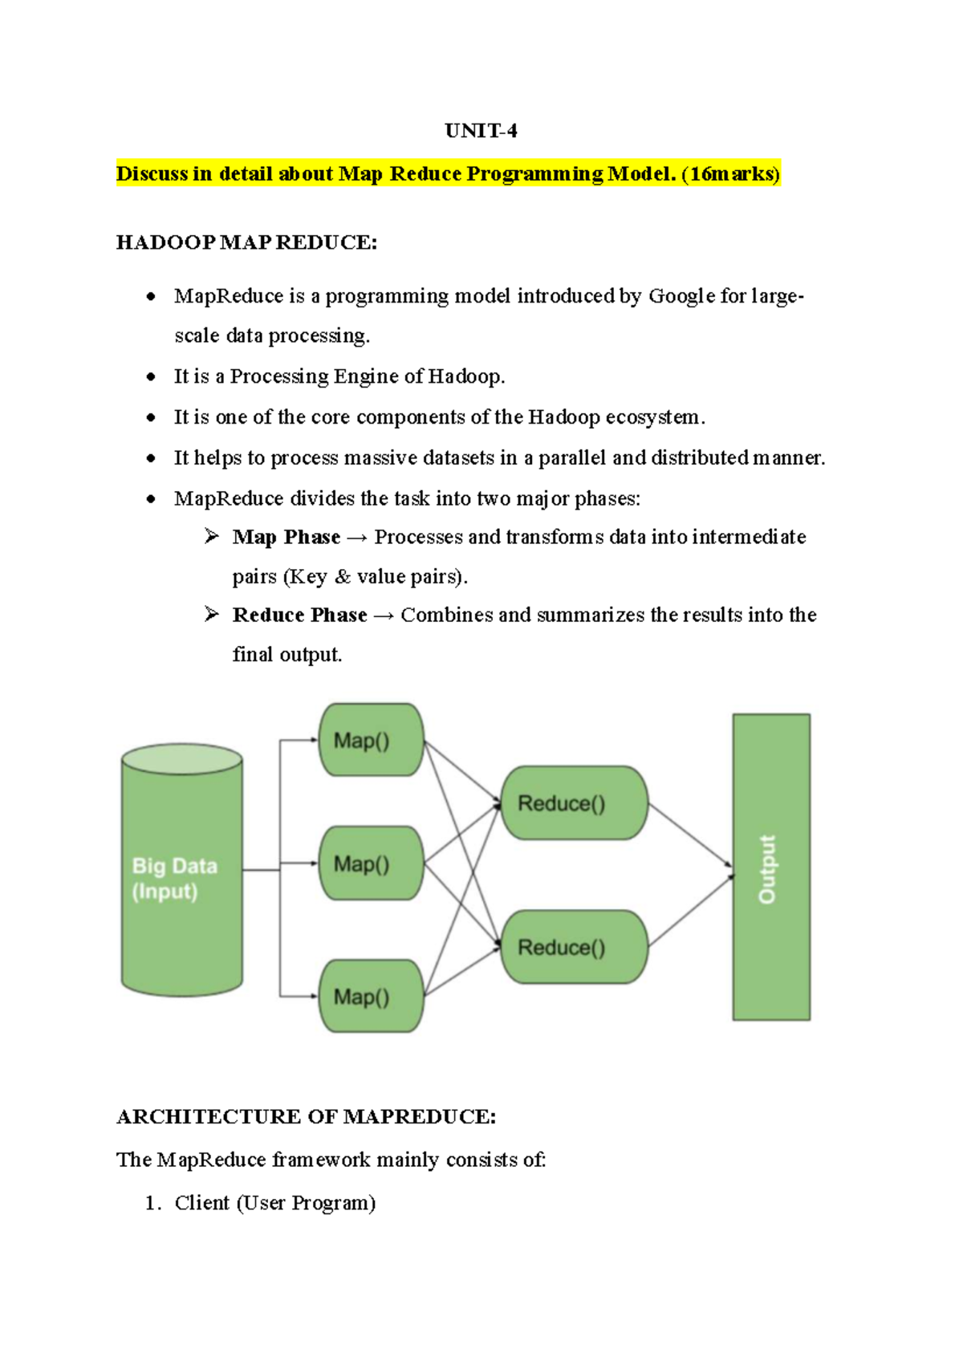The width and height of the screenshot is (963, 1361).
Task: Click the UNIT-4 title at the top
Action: click(481, 131)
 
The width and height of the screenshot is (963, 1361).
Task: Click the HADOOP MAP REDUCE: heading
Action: click(246, 242)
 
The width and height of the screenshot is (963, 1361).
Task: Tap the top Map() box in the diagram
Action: click(371, 740)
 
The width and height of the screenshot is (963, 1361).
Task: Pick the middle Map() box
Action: click(371, 863)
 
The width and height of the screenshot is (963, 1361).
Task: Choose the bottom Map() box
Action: click(371, 996)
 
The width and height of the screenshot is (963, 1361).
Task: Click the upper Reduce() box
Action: click(573, 803)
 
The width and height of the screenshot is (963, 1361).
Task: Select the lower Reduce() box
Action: click(573, 947)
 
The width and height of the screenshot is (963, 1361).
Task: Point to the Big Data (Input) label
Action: click(175, 878)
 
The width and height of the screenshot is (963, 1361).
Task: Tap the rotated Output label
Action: click(768, 869)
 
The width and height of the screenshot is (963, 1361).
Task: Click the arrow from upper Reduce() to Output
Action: click(690, 835)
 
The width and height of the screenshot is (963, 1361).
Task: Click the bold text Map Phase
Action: click(286, 537)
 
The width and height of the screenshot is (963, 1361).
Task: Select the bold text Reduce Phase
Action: click(299, 615)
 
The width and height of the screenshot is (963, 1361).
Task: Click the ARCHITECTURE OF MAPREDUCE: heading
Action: click(306, 1116)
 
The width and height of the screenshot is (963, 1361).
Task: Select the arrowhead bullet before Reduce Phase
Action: click(212, 614)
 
